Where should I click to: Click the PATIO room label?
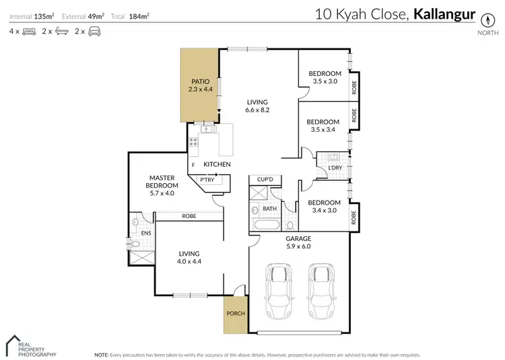click(200, 81)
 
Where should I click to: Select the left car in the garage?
click(277, 293)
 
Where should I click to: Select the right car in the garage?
click(322, 293)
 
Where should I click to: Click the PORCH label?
click(236, 314)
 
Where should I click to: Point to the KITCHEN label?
click(217, 164)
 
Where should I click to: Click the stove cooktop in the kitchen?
click(194, 143)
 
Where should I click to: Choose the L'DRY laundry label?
click(335, 167)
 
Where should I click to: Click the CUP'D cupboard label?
click(265, 180)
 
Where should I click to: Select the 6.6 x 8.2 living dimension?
click(257, 110)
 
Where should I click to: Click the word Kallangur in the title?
click(444, 13)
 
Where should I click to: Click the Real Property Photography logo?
click(30, 346)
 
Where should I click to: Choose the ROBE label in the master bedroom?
click(189, 216)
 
